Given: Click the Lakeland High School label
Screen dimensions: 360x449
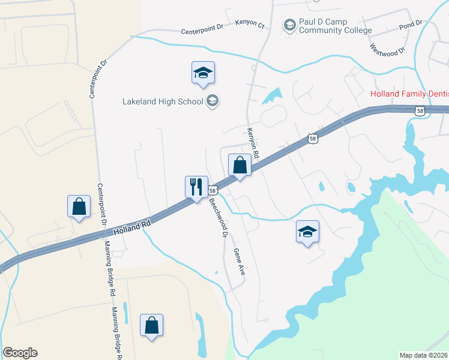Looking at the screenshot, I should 163,101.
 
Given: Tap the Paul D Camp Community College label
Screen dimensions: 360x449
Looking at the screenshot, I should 335,26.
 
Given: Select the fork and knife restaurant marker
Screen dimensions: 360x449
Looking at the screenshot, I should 196,187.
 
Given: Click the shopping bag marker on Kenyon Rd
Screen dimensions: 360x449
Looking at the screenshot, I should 240,165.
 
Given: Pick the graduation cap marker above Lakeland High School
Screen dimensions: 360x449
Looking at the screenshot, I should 203,73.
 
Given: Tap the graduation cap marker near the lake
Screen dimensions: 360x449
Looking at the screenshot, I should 308,232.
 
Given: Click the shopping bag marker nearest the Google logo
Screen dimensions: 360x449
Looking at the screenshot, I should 151,325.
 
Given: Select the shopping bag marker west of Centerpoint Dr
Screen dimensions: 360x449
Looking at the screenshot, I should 79,206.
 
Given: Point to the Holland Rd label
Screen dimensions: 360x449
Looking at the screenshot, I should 131,227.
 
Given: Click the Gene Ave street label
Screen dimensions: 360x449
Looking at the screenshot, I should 239,262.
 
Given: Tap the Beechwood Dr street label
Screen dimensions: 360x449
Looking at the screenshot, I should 217,217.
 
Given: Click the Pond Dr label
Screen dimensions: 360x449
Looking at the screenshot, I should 411,25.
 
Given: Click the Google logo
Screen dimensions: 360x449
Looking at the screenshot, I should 20,352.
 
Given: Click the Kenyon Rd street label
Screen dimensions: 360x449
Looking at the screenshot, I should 253,143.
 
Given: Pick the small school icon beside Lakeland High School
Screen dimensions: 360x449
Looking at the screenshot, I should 212,101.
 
